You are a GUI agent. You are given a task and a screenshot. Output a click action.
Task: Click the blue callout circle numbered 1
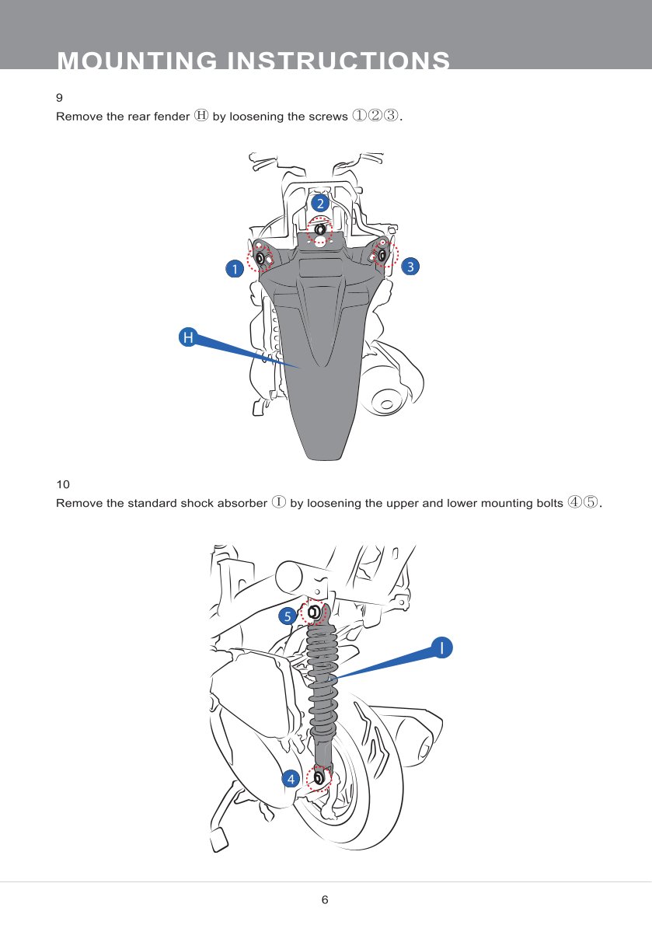232,269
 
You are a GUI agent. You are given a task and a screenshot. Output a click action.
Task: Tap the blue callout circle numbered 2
319,202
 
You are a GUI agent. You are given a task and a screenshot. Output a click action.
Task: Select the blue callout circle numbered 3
410,266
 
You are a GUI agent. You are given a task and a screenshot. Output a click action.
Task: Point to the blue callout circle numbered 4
291,778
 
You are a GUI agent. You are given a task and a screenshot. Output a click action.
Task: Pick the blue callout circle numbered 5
288,616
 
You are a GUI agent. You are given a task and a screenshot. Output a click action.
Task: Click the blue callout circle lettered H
187,337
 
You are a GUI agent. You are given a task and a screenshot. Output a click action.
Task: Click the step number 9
60,98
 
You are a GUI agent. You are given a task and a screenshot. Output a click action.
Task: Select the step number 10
63,484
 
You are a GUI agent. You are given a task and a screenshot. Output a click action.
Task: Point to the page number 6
325,900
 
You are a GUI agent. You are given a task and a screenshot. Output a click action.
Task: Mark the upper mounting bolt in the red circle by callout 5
313,613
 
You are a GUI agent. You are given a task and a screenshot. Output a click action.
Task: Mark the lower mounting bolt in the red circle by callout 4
319,777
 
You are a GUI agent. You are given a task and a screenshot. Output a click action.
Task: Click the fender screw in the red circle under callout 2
319,230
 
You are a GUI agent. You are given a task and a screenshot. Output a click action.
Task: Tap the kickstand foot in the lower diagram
217,840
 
